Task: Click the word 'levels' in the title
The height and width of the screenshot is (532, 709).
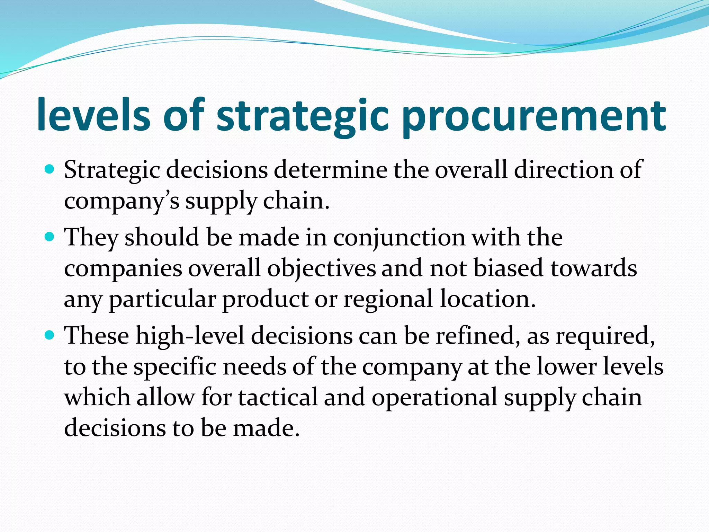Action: tap(93, 114)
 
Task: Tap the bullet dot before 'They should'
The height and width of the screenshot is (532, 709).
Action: tap(50, 237)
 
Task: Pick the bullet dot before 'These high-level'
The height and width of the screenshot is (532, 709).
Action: tap(50, 335)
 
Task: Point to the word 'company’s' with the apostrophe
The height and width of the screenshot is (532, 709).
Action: tap(122, 201)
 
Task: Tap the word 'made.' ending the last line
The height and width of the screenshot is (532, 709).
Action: tap(266, 428)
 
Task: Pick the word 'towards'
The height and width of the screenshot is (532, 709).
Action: tap(593, 268)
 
